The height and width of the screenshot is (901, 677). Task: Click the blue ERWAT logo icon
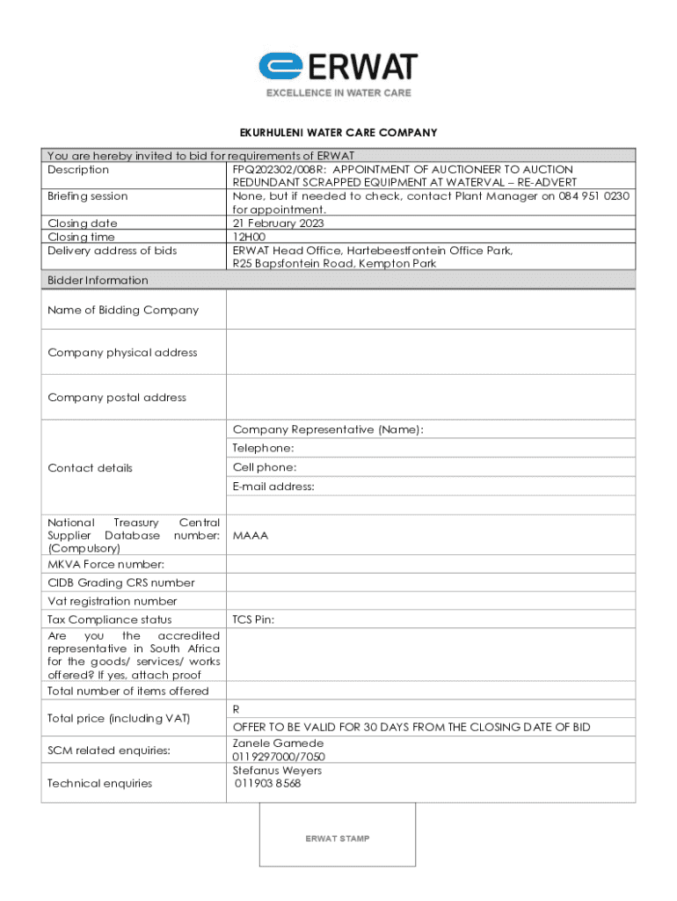point(280,67)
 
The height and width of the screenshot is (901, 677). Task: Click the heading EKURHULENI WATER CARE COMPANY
point(338,133)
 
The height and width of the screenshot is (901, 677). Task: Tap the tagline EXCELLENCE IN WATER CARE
point(338,92)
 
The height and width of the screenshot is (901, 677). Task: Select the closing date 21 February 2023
point(279,223)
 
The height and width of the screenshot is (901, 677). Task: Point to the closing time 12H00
point(251,237)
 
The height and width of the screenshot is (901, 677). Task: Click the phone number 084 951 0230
point(593,196)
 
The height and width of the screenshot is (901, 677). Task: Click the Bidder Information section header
point(98,281)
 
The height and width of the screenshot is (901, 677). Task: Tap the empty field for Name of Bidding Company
point(431,310)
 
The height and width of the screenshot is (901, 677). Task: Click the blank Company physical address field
point(431,352)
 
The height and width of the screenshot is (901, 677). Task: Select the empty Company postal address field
point(431,397)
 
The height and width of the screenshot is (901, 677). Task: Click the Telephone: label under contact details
point(264,449)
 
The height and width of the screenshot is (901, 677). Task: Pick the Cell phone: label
point(265,467)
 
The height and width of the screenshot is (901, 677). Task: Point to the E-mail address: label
point(273,487)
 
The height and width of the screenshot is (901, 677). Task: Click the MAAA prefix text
point(251,536)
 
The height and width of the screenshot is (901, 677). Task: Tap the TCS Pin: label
point(253,619)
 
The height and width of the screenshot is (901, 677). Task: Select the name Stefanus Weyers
point(277,771)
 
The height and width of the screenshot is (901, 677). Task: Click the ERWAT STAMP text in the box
point(338,839)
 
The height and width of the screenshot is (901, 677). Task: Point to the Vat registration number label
point(113,602)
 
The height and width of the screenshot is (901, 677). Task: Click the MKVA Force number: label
point(106,564)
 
